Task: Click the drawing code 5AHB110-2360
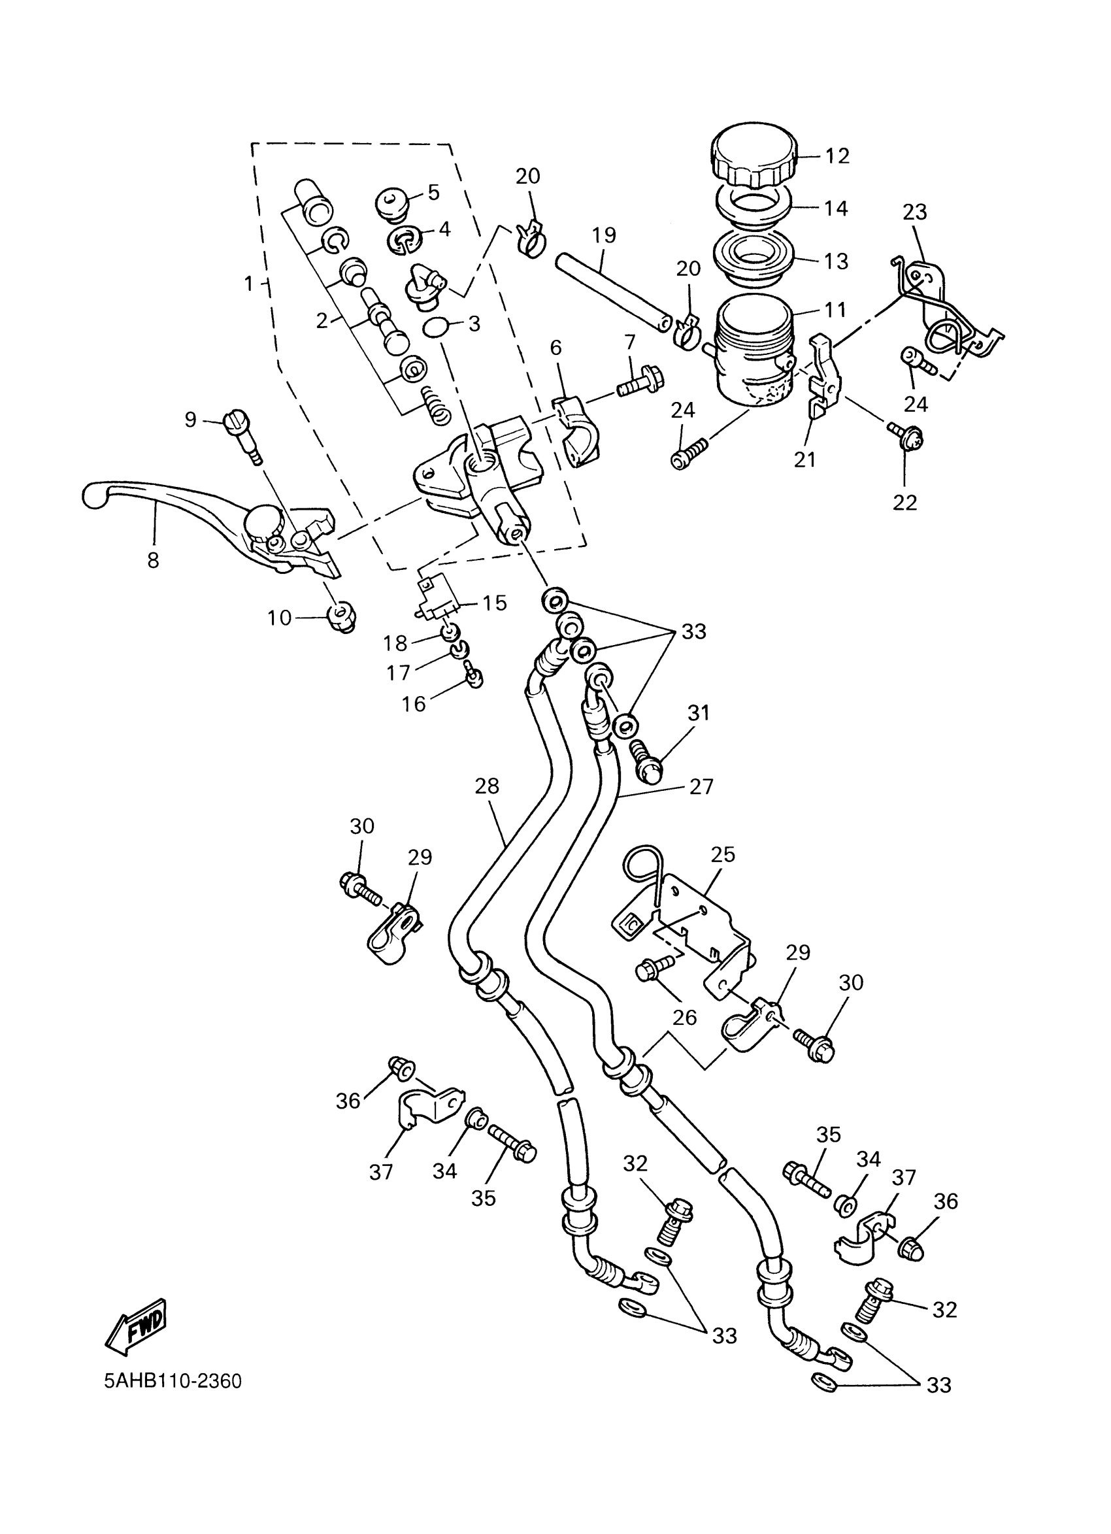pos(173,1380)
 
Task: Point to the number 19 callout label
pos(604,235)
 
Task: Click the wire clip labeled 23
pos(947,308)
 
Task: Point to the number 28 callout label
pos(486,785)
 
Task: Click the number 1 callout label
pos(248,284)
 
